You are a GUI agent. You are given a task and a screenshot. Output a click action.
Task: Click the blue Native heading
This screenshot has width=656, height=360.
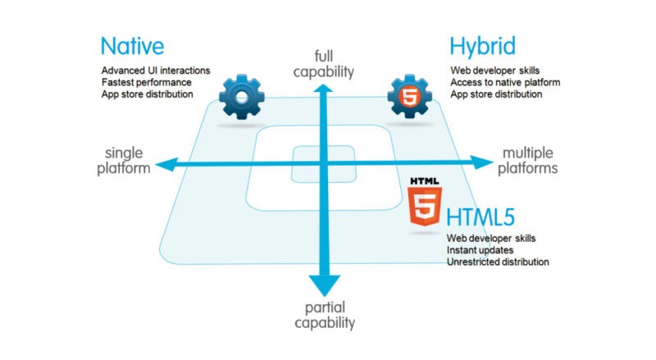click(132, 46)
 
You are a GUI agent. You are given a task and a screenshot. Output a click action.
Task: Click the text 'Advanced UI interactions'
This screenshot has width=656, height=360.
click(154, 70)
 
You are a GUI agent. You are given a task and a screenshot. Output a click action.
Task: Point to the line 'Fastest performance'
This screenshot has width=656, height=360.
click(146, 82)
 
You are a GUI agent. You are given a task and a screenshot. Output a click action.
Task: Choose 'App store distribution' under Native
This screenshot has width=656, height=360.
click(148, 94)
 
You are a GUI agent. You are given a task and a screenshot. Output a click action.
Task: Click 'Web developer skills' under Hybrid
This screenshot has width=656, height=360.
click(494, 70)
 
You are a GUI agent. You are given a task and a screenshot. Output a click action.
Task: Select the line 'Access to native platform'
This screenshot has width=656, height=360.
click(504, 82)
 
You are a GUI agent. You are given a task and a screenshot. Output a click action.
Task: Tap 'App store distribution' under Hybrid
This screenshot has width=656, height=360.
click(496, 94)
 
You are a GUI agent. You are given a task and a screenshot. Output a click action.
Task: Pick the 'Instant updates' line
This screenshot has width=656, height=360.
click(481, 249)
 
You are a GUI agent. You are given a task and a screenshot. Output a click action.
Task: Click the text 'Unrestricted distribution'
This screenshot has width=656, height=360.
click(498, 262)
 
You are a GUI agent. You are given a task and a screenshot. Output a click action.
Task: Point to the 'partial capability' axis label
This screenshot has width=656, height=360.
click(326, 316)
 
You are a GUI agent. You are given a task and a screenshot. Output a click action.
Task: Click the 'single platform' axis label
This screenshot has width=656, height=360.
click(127, 161)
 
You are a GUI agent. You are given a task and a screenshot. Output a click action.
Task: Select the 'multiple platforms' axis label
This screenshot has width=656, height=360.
click(530, 161)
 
